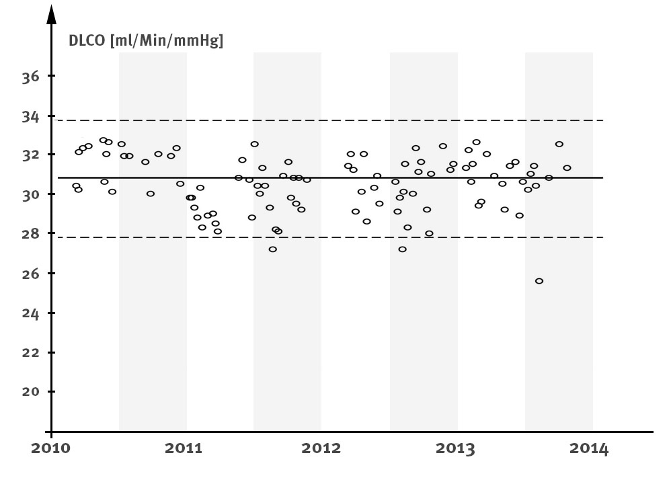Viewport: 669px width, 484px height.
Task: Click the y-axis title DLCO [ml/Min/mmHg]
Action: click(x=147, y=41)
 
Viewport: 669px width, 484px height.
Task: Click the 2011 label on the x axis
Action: click(x=186, y=449)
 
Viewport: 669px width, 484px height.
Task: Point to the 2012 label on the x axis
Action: click(x=321, y=449)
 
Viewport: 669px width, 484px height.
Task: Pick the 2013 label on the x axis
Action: click(x=457, y=449)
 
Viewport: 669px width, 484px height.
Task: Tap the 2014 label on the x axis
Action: click(x=592, y=449)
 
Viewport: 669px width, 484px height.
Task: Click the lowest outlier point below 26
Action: click(x=539, y=281)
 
